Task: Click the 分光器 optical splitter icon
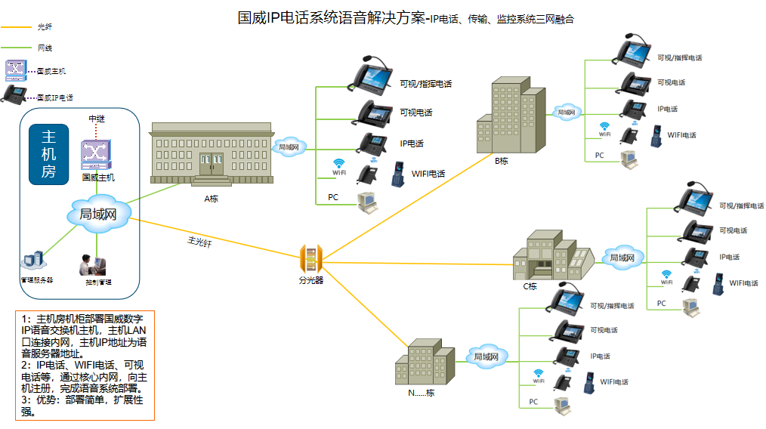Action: pos(310,259)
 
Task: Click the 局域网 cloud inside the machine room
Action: pos(97,214)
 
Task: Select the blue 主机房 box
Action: pos(48,154)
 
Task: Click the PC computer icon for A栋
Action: pos(367,201)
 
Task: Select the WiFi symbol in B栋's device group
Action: pos(604,127)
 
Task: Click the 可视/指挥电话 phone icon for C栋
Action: pos(696,199)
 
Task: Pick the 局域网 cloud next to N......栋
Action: pos(485,356)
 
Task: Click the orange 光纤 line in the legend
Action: pos(17,27)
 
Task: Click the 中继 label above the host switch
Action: pos(97,119)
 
